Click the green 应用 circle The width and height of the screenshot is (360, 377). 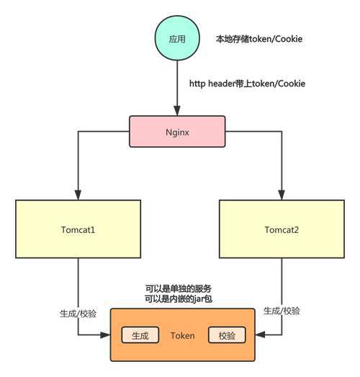[177, 38]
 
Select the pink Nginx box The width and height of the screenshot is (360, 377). [177, 131]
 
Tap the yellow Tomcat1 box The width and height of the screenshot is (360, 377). [78, 229]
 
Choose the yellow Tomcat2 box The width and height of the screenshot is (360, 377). [282, 229]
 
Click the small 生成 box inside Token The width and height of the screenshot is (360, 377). [140, 335]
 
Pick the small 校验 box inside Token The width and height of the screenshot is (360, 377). [227, 335]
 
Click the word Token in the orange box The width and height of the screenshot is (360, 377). [183, 336]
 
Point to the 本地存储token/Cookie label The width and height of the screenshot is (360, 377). [259, 39]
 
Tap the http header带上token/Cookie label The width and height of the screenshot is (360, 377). [247, 84]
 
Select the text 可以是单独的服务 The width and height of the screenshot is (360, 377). [179, 289]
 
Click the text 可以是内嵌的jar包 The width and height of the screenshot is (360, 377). [179, 299]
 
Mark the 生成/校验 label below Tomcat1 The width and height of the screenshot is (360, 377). [78, 314]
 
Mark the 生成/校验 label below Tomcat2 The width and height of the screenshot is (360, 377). [282, 311]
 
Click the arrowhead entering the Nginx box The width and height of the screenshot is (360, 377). [177, 111]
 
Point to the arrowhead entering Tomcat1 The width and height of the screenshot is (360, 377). [78, 195]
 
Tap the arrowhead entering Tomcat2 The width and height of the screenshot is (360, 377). [282, 195]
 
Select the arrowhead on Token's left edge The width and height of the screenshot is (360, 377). [105, 335]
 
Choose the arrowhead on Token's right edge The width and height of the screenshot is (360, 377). [260, 334]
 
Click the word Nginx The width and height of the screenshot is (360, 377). [177, 132]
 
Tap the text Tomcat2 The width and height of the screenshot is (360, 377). [282, 230]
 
